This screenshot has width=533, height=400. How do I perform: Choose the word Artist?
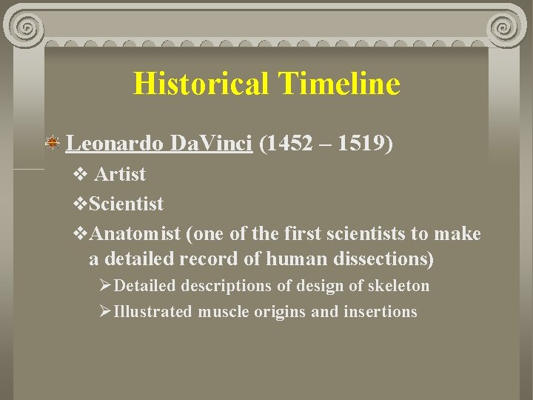coord(120,175)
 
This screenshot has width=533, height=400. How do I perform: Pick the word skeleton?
coord(400,286)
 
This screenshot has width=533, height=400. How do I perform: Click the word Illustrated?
coord(152,312)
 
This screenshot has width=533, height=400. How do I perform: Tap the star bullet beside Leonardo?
coord(53,143)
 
